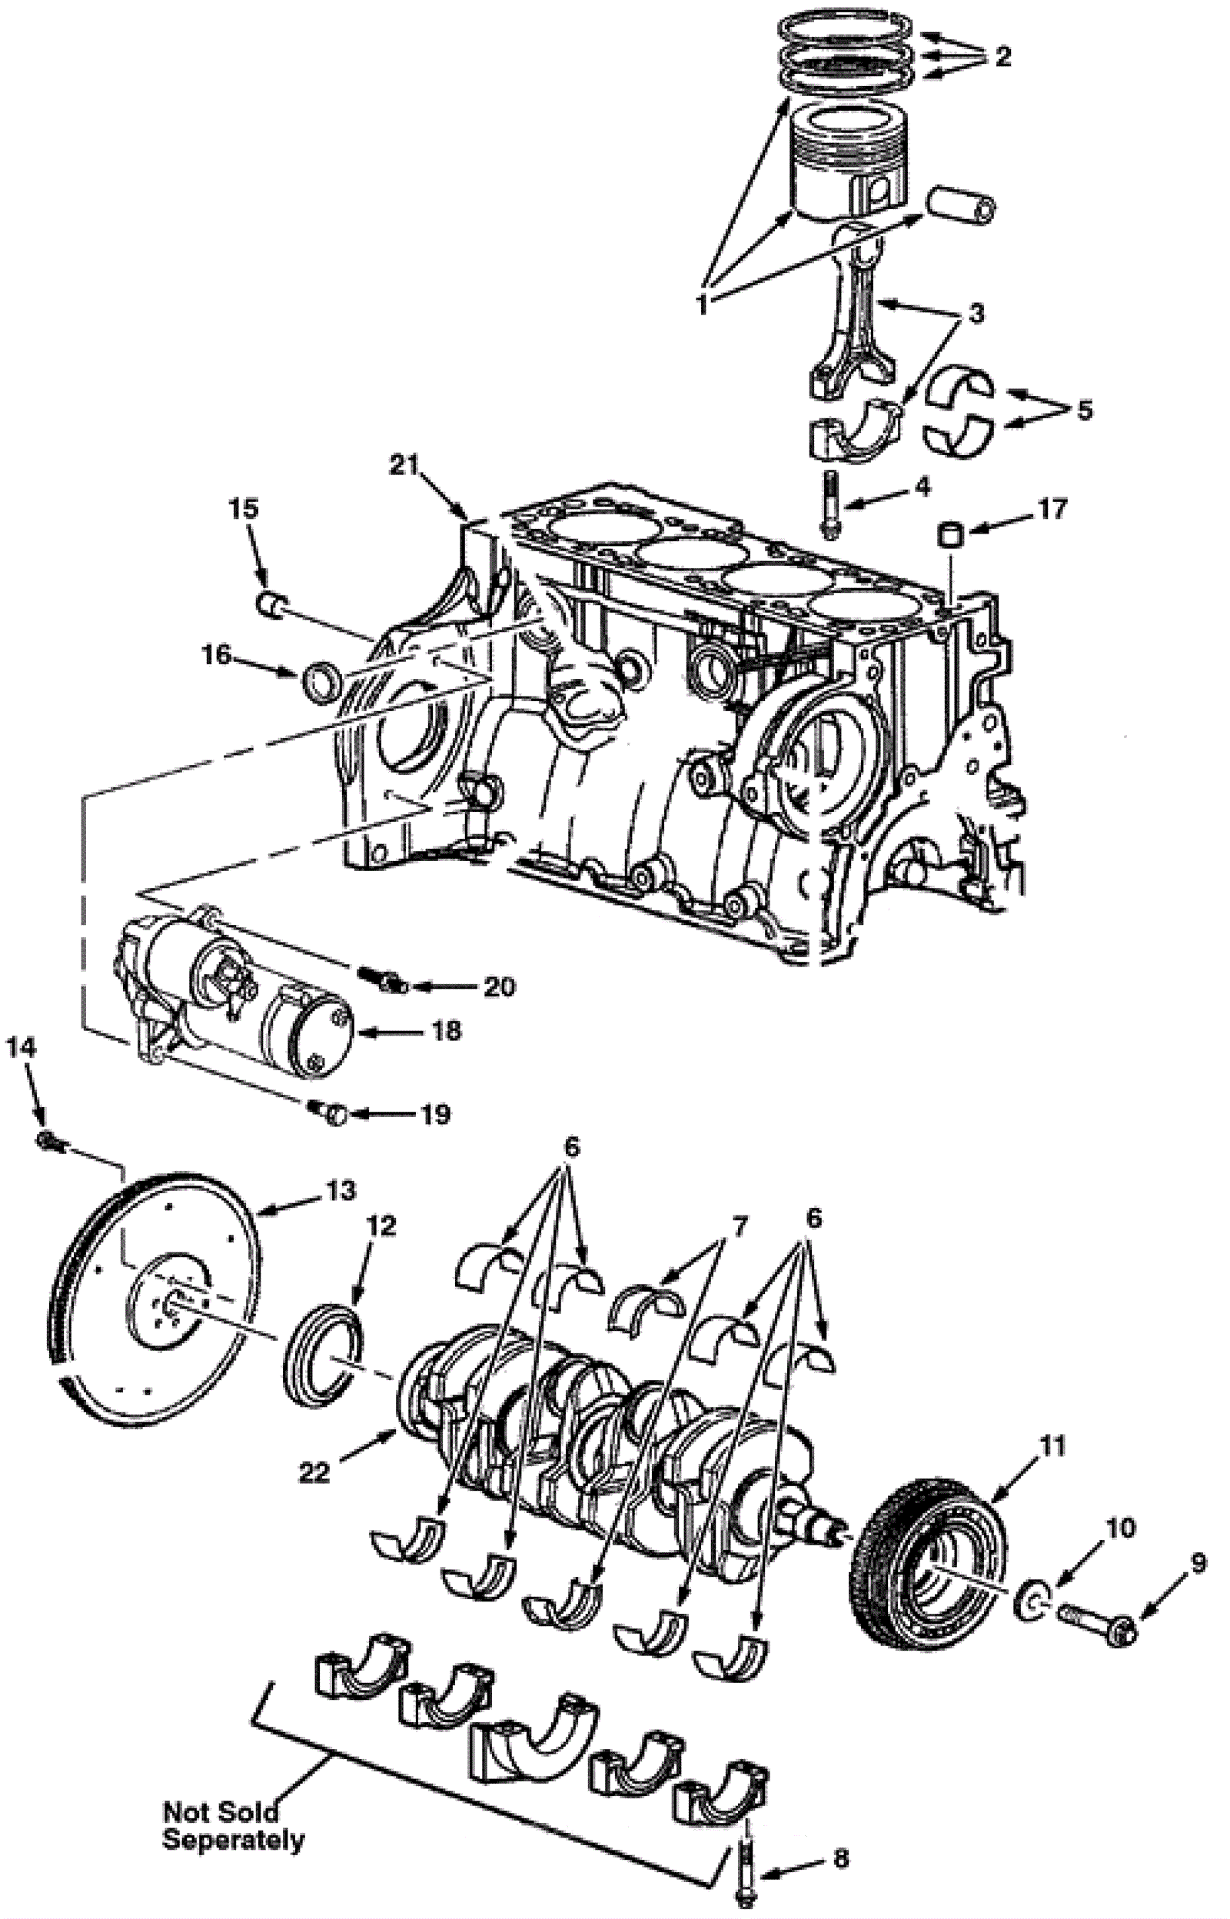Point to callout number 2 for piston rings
pos(1002,57)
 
